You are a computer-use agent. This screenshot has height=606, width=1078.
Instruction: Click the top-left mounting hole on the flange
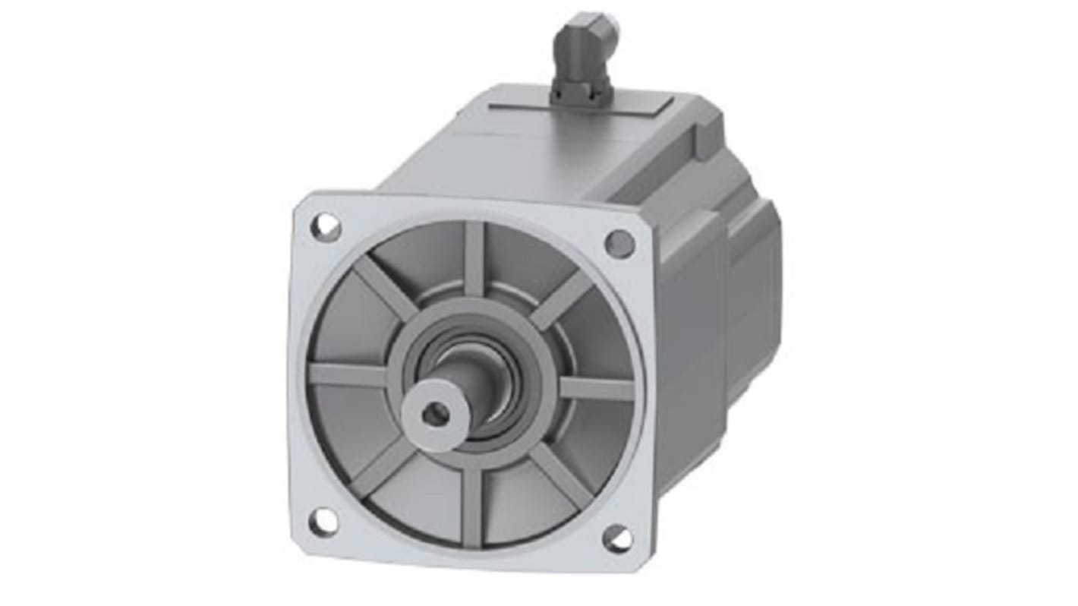click(x=326, y=227)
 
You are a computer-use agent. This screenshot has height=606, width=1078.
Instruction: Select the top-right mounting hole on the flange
click(x=619, y=244)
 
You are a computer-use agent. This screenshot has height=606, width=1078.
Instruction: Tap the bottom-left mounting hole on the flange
click(x=323, y=520)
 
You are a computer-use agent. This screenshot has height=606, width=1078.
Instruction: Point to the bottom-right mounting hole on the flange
click(x=616, y=538)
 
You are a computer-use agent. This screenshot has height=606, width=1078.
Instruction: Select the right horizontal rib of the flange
click(x=596, y=388)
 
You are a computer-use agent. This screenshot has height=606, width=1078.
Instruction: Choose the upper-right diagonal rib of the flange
click(x=563, y=298)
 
